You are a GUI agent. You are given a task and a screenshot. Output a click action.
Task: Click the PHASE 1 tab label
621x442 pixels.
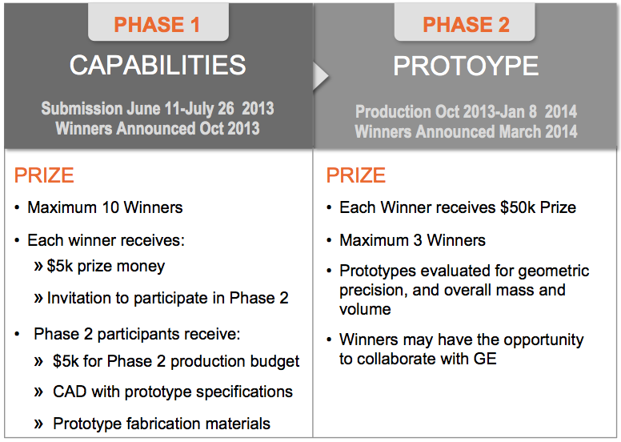[x=157, y=25]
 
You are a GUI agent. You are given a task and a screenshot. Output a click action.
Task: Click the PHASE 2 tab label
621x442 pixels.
[x=466, y=25]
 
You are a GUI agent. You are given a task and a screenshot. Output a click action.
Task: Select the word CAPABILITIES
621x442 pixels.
[x=158, y=65]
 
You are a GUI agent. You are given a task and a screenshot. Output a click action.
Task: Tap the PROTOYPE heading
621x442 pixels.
[x=466, y=66]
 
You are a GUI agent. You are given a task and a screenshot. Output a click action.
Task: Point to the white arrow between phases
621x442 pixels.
[x=320, y=75]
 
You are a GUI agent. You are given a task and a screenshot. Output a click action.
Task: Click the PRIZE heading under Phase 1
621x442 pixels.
[x=44, y=175]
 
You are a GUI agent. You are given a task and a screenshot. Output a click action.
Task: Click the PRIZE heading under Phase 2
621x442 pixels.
[x=355, y=175]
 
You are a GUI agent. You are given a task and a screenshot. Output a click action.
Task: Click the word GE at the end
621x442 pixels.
[x=485, y=359]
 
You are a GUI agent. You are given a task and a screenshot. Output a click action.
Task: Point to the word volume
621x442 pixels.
[x=365, y=309]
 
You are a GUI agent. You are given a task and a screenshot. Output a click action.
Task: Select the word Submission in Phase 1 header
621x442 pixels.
[x=82, y=109]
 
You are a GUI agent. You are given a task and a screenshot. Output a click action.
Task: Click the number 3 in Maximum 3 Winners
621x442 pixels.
[x=415, y=240]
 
